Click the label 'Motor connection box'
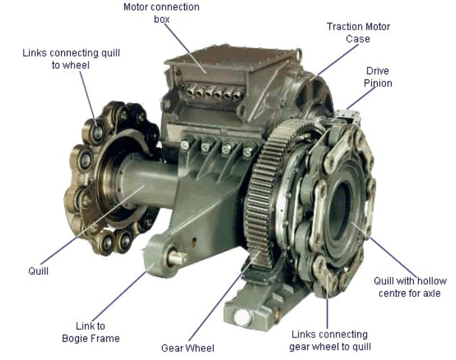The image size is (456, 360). click(162, 13)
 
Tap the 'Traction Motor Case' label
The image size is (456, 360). click(358, 33)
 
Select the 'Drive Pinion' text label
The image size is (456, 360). click(378, 77)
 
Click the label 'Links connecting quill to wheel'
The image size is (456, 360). click(71, 59)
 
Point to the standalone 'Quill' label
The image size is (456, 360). click(38, 271)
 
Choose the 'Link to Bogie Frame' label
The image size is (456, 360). click(91, 332)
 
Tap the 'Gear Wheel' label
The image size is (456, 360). click(188, 348)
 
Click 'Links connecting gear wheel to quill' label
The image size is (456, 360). click(330, 340)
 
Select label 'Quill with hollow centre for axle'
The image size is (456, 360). click(410, 287)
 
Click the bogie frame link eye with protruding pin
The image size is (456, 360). click(171, 257)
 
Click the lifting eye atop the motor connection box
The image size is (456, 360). click(298, 54)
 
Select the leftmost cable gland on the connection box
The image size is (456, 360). click(190, 91)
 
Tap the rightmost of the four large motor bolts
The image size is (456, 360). click(248, 151)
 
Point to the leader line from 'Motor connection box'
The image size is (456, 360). click(185, 48)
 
